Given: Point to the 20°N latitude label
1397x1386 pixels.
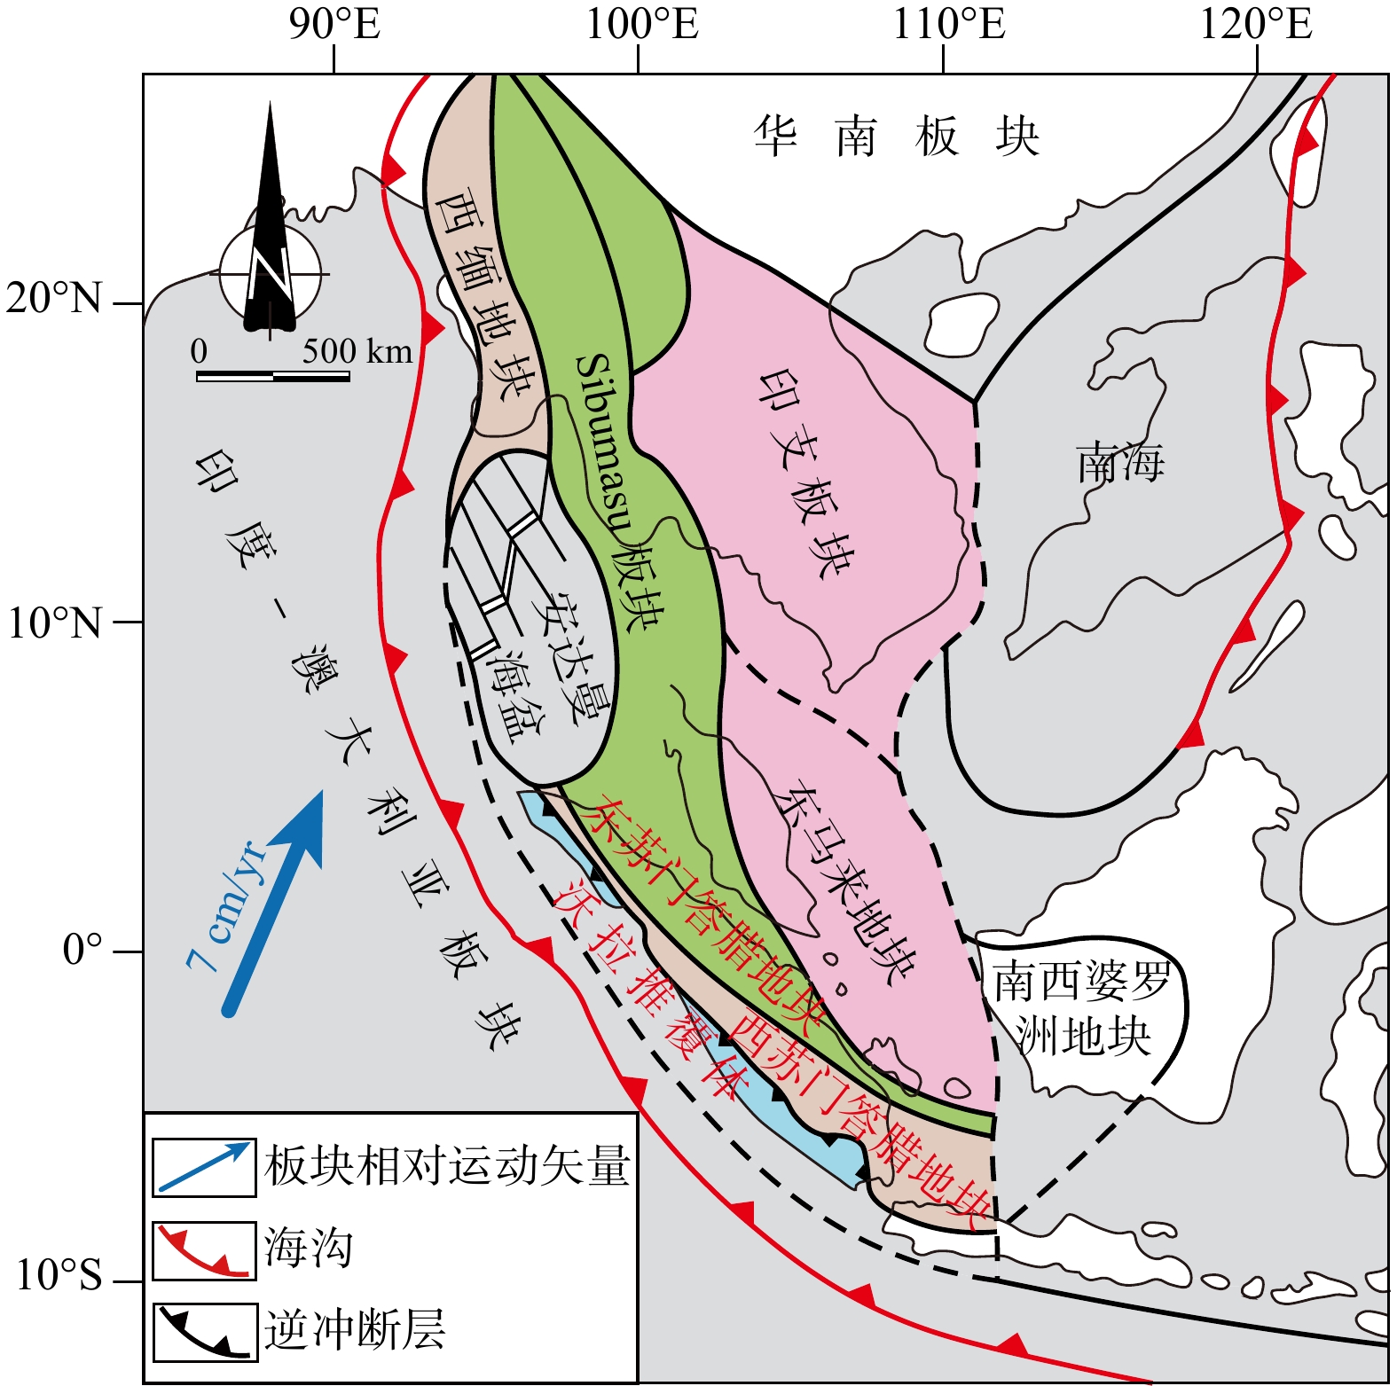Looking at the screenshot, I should coord(54,299).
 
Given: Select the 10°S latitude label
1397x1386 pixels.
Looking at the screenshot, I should coord(59,1276).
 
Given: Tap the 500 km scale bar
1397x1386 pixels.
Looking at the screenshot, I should coord(273,375).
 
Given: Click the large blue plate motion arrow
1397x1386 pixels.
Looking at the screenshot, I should coord(275,900).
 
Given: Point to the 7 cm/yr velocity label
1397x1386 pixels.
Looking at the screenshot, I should coord(225,904).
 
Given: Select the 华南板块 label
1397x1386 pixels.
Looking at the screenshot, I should coord(896,137).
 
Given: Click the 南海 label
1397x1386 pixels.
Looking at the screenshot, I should coord(1120,463).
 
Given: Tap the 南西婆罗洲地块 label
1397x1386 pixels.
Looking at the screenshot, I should coord(1082,1008).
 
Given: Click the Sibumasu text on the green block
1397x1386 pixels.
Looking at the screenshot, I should coord(604,443).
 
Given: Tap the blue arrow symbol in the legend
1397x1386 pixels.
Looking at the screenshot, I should coord(204,1166).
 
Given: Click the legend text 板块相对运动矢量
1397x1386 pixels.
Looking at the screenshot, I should coord(447,1165).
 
